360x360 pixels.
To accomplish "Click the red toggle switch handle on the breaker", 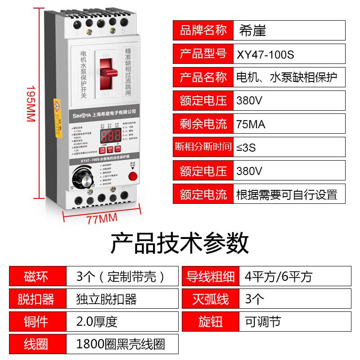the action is tap(108, 76).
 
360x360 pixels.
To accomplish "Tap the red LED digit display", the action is tap(111, 135).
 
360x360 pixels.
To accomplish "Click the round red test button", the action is tap(133, 177).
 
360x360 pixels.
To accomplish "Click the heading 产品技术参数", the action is tap(180, 243).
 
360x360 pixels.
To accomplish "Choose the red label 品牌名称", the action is tap(203, 30).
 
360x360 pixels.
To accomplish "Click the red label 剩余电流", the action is tap(203, 124).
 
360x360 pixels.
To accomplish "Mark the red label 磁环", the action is tap(37, 276).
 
